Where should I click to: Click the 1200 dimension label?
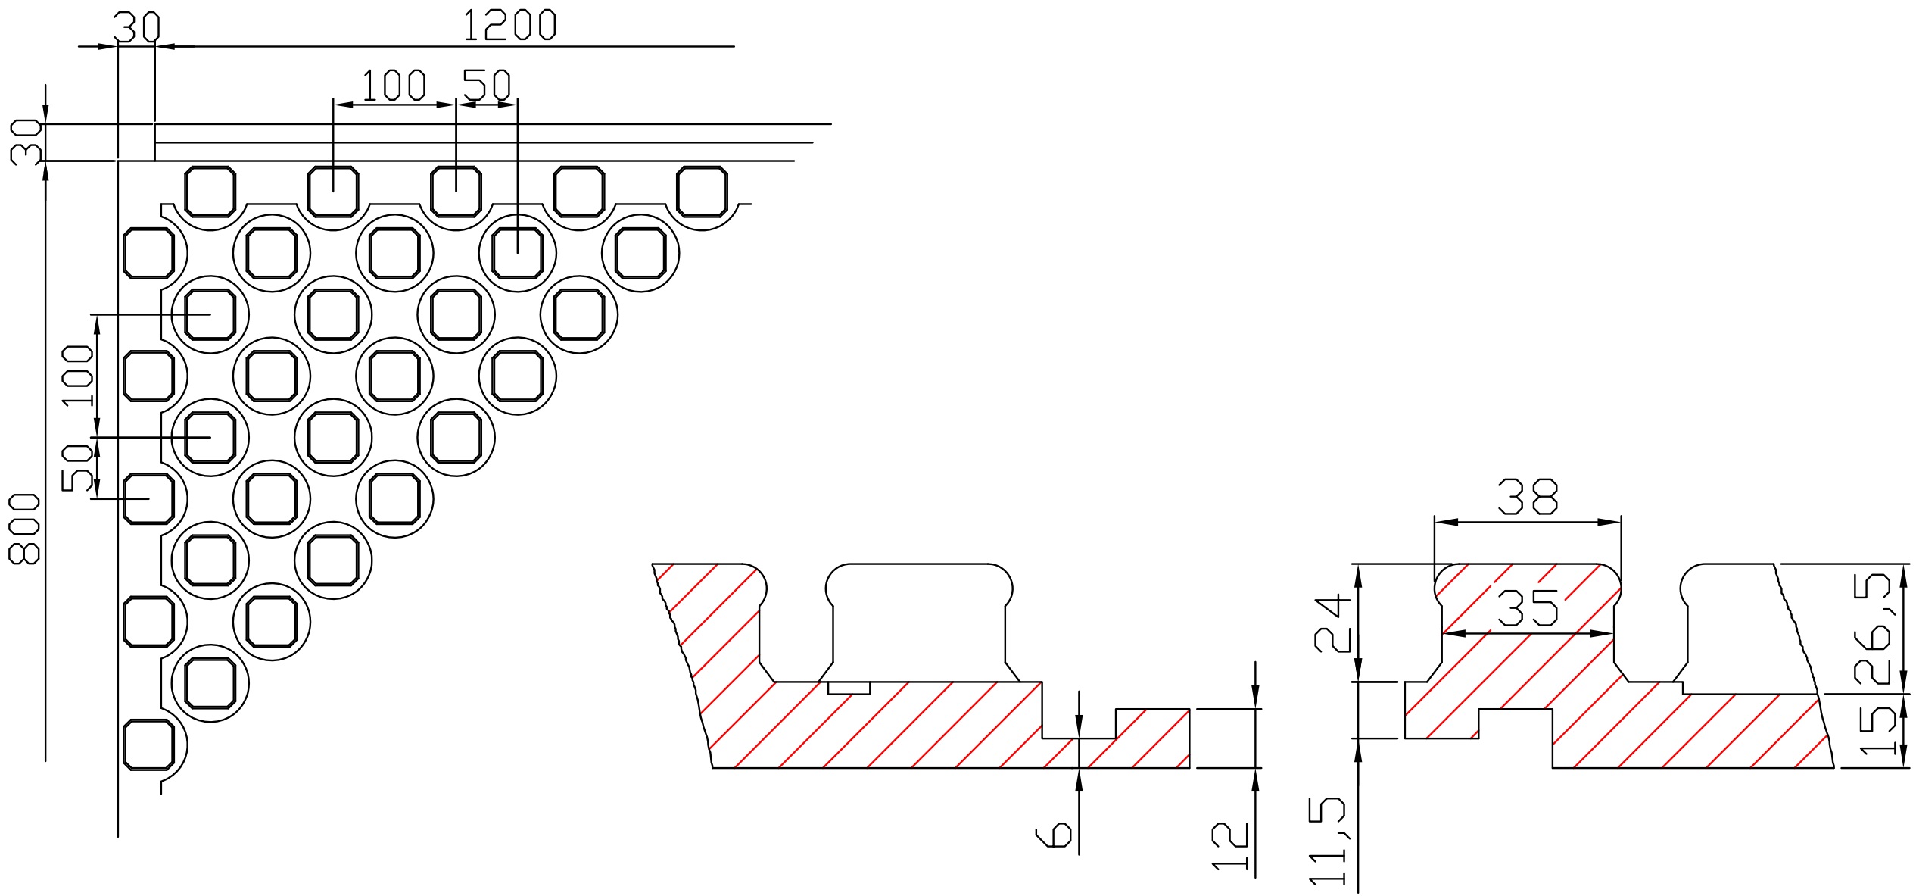(509, 25)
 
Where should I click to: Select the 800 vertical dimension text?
(23, 529)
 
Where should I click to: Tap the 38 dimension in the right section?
(1528, 498)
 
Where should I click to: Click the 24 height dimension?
(1332, 624)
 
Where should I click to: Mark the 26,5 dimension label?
(1871, 628)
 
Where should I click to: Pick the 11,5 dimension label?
(1328, 841)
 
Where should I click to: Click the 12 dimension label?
(1230, 845)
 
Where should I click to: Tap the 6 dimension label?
(1053, 835)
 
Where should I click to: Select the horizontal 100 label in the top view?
(394, 85)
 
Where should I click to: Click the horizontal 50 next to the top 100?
(487, 85)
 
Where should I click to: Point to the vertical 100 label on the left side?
(78, 376)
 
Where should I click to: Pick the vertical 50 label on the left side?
(78, 467)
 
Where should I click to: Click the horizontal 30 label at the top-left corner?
(137, 27)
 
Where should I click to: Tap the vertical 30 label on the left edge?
(25, 142)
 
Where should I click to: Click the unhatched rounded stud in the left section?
(918, 621)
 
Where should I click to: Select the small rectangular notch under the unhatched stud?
(849, 688)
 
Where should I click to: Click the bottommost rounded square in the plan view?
(148, 745)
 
